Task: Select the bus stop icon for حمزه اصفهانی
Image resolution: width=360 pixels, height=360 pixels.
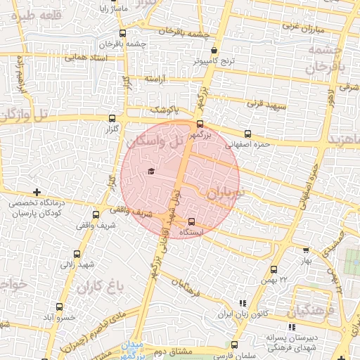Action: tap(247, 134)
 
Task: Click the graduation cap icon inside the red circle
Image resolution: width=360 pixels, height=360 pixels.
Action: tap(151, 172)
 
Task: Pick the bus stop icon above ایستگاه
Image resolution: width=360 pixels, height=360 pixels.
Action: tap(191, 223)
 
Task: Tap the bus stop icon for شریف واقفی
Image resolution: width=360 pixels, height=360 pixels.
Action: tap(96, 214)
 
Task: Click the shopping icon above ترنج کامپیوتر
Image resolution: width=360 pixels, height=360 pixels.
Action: tap(214, 50)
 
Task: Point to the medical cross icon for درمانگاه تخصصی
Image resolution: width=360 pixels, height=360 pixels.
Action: tap(37, 191)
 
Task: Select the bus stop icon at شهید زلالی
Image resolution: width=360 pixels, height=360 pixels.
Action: tap(77, 255)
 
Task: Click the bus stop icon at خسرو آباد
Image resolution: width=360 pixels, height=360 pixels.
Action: tap(59, 307)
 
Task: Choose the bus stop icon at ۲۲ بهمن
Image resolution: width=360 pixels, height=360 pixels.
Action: tap(274, 269)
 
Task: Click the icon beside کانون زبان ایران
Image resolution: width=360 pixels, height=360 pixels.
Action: tap(243, 303)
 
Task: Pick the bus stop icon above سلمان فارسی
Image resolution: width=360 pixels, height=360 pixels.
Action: tap(235, 345)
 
